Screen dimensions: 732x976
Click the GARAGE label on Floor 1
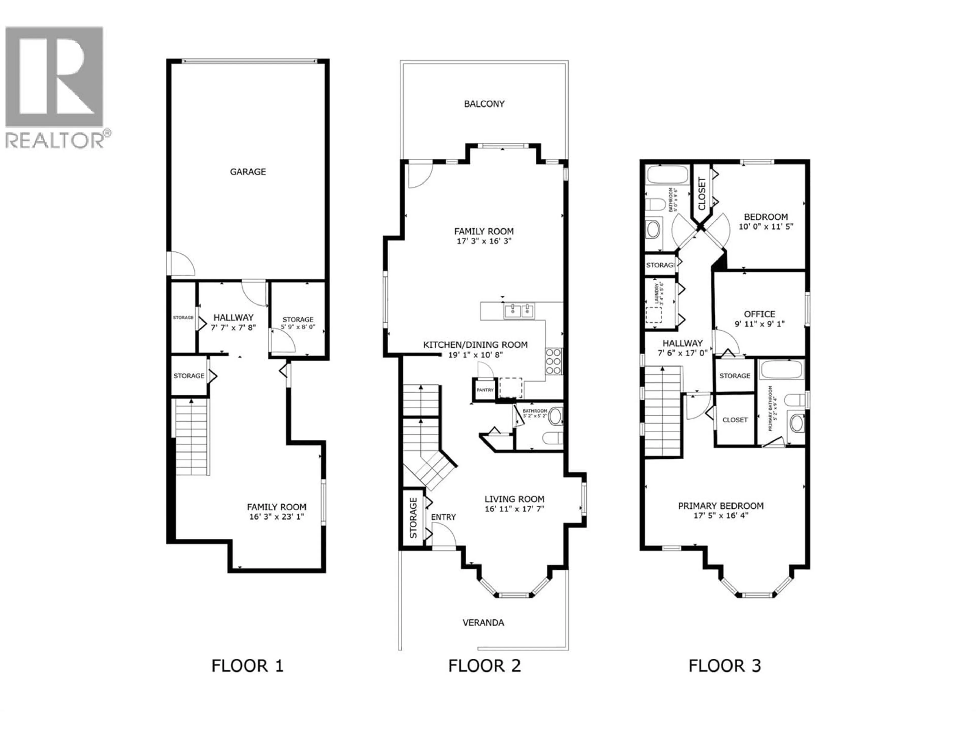point(248,172)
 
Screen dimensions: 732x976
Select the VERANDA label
point(483,622)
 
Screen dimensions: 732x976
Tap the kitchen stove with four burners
point(553,361)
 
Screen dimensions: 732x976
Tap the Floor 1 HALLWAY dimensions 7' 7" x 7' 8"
point(233,327)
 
